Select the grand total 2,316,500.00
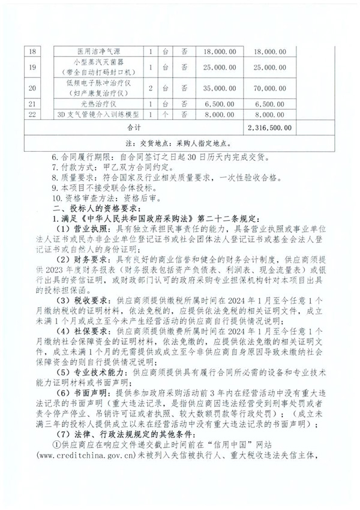pyautogui.click(x=269, y=127)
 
